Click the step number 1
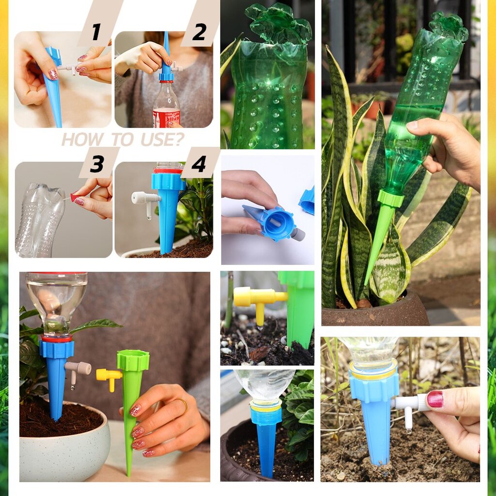pos(96,32)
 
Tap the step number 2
pos(199,32)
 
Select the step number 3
pos(97,164)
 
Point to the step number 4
pos(199,164)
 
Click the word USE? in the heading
pos(162,139)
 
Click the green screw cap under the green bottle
pos(391,198)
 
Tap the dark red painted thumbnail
pos(435,399)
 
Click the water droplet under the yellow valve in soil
pos(260,327)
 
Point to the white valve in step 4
pos(146,202)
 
